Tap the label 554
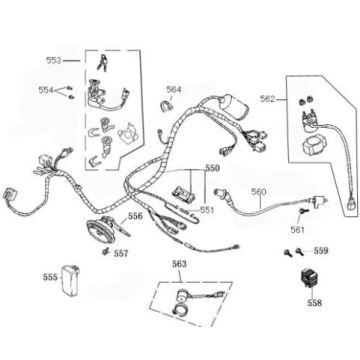point(45,90)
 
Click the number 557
point(121,254)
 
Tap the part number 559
point(321,251)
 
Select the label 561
point(269,229)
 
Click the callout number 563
point(179,266)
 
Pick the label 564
point(174,90)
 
